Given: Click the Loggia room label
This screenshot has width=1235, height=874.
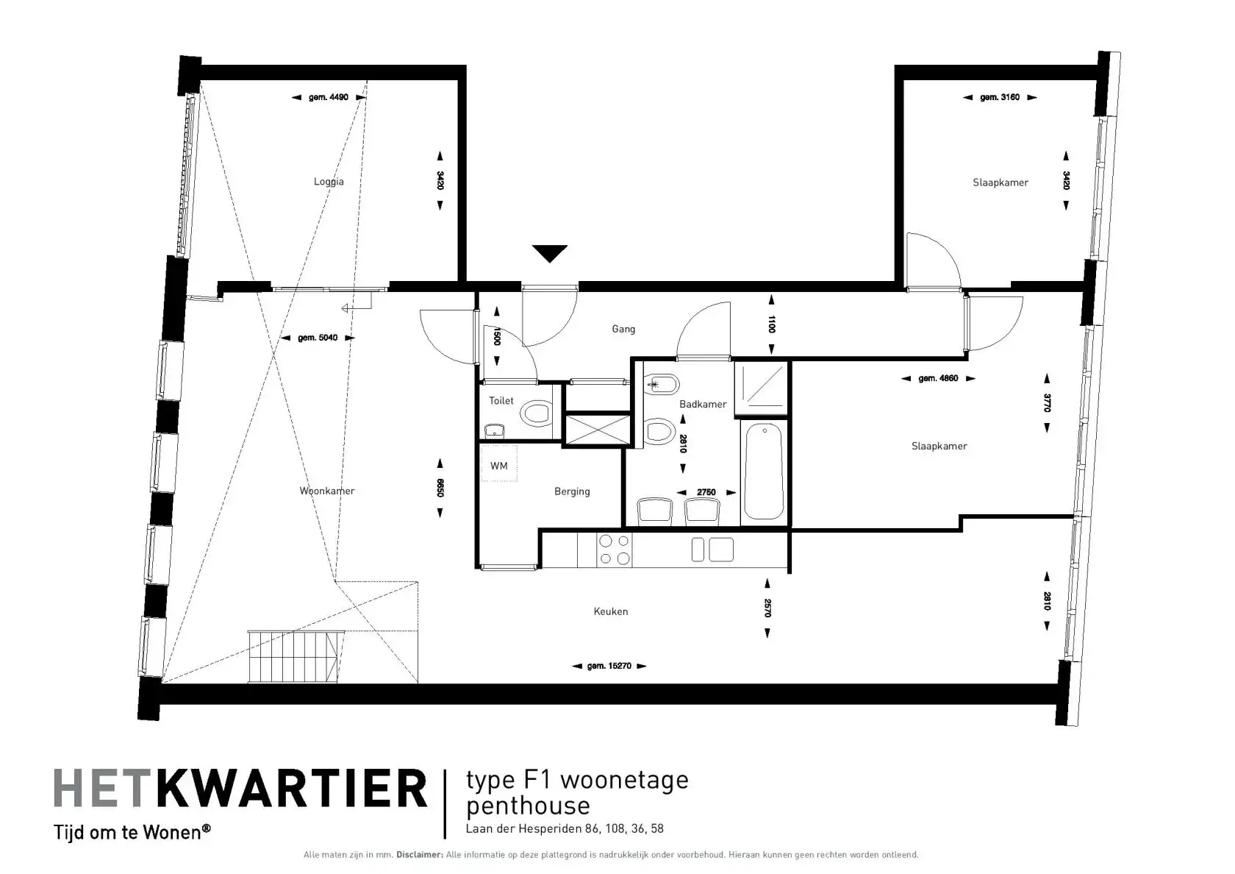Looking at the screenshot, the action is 329,182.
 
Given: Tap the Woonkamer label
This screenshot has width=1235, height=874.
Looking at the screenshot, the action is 327,491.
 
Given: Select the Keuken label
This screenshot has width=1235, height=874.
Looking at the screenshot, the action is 610,611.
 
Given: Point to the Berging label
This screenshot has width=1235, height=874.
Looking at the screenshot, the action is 572,491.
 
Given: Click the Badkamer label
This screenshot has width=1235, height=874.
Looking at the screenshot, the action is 703,404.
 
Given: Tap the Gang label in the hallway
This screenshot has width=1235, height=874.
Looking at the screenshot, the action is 623,330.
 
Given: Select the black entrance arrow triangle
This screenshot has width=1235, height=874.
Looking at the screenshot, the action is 550,253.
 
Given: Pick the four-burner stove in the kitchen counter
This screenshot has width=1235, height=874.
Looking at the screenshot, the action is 615,550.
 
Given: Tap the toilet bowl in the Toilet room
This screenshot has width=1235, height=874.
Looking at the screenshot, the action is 536,413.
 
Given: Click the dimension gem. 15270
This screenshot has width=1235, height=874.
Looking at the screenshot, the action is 609,666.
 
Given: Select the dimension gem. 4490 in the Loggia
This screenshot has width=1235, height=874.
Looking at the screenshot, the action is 329,97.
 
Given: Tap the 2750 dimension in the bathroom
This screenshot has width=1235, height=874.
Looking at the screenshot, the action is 706,492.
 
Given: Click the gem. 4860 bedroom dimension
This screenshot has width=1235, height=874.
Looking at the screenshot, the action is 938,378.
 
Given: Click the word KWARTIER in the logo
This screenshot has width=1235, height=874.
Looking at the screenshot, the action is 292,789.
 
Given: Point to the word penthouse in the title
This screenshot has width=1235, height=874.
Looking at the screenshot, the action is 528,806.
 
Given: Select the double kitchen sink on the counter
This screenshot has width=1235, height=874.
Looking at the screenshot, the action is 712,550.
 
